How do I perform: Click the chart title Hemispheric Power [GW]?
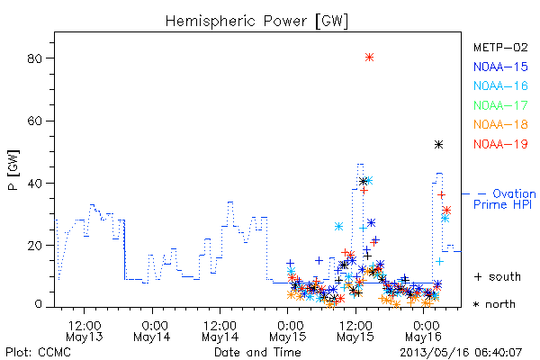pyautogui.click(x=256, y=22)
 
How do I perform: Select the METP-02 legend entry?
pyautogui.click(x=500, y=47)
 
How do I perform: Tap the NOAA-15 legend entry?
pyautogui.click(x=500, y=67)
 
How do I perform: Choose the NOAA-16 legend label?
pyautogui.click(x=500, y=85)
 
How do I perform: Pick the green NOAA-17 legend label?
pyautogui.click(x=500, y=105)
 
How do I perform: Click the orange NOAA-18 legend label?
pyautogui.click(x=500, y=124)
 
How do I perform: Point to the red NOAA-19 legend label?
pyautogui.click(x=500, y=144)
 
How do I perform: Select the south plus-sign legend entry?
pyautogui.click(x=498, y=276)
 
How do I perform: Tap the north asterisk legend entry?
pyautogui.click(x=494, y=304)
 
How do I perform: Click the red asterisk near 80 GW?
pyautogui.click(x=369, y=58)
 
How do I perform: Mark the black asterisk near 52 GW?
pyautogui.click(x=438, y=145)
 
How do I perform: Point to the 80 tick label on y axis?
pyautogui.click(x=34, y=58)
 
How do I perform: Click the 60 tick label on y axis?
pyautogui.click(x=34, y=121)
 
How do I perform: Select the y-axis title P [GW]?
pyautogui.click(x=13, y=170)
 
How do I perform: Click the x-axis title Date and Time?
pyautogui.click(x=257, y=352)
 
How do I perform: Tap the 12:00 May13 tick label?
pyautogui.click(x=85, y=331)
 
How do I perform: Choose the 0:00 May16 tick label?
pyautogui.click(x=424, y=331)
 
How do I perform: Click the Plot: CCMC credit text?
pyautogui.click(x=38, y=352)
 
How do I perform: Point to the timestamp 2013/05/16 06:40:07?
pyautogui.click(x=461, y=353)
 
